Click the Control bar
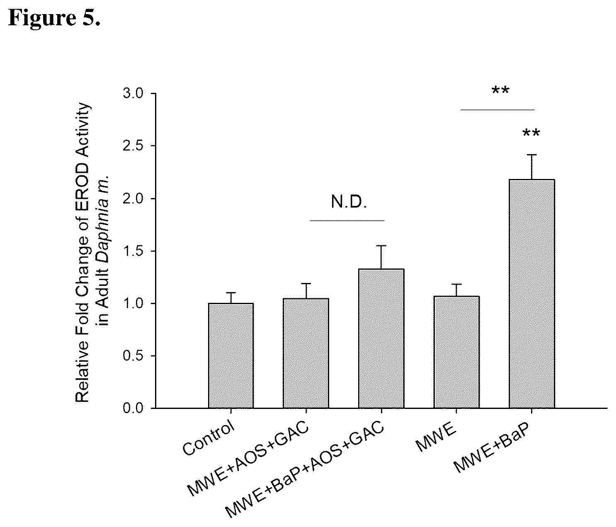[x=231, y=355]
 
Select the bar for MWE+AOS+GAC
[x=306, y=353]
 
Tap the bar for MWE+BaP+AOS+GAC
[x=381, y=338]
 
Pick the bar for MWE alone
[x=456, y=352]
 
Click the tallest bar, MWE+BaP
[x=532, y=294]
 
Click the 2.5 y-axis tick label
[x=133, y=146]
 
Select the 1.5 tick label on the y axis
[x=133, y=251]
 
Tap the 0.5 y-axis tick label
[x=133, y=356]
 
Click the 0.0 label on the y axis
[x=133, y=408]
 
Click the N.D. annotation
[x=349, y=202]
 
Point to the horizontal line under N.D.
[x=347, y=221]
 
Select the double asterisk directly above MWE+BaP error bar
[x=531, y=133]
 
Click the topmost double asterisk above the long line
[x=501, y=89]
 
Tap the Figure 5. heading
[x=54, y=17]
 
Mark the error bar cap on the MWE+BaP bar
[x=532, y=155]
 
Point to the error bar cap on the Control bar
[x=231, y=293]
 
